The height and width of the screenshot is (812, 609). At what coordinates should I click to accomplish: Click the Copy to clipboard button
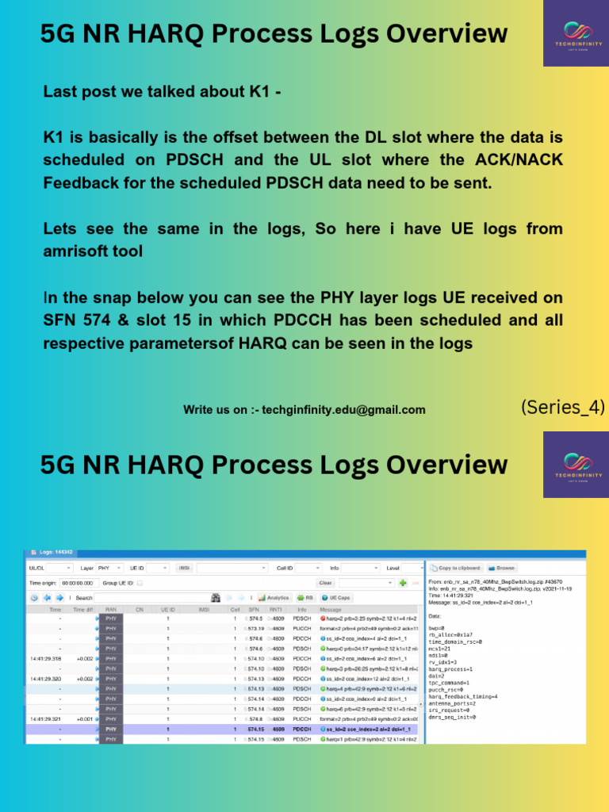coord(456,568)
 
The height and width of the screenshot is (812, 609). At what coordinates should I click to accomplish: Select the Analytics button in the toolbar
coord(274,597)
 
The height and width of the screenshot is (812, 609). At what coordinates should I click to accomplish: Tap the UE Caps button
coord(336,597)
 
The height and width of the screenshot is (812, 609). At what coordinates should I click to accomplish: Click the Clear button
coord(326,583)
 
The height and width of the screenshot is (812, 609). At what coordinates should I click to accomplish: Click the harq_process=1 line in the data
coord(451,645)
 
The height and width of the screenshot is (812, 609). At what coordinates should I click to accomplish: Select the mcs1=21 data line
coord(441,625)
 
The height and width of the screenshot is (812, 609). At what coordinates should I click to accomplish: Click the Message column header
coord(331,609)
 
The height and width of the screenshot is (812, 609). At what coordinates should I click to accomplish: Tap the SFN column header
coord(254,609)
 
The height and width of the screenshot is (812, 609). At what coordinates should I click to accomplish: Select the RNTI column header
coord(276,609)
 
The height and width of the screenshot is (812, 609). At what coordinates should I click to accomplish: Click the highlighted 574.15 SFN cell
coord(255,729)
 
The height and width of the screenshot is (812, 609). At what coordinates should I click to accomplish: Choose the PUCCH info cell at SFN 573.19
coord(302,627)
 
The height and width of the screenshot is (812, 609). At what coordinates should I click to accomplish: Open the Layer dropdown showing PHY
coord(109,568)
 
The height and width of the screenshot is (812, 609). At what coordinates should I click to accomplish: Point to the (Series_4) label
coord(562,408)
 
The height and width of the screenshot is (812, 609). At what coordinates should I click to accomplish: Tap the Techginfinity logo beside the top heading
coord(576,33)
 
